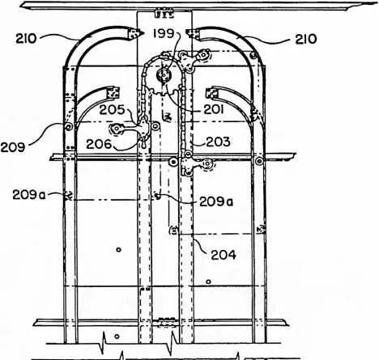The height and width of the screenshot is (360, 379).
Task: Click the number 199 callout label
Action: click(164, 34)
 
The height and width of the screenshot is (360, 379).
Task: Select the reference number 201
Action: click(214, 110)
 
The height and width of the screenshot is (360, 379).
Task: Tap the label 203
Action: click(218, 142)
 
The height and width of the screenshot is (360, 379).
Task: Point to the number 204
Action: click(224, 255)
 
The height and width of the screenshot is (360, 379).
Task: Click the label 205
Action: click(113, 110)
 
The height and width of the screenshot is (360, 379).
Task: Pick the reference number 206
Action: click(99, 144)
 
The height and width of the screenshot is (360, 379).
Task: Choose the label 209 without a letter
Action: click(13, 147)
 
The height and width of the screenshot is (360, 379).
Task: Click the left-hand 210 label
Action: click(26, 39)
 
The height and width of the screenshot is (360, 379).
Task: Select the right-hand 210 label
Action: click(306, 40)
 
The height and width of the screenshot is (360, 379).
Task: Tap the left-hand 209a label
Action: click(29, 195)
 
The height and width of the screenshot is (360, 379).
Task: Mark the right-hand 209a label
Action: click(216, 201)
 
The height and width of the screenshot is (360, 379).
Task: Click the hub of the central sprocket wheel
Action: click(164, 74)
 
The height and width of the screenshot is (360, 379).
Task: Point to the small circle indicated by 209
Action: click(69, 126)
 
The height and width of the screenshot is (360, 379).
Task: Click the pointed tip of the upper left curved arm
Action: click(143, 33)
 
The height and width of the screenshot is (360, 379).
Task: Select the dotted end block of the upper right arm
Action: click(192, 34)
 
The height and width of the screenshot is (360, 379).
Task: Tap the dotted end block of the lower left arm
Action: click(113, 92)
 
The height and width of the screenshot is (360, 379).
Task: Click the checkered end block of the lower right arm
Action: click(212, 92)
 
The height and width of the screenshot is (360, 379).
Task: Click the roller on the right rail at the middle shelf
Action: click(259, 161)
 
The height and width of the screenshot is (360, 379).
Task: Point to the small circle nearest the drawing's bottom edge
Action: click(117, 337)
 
